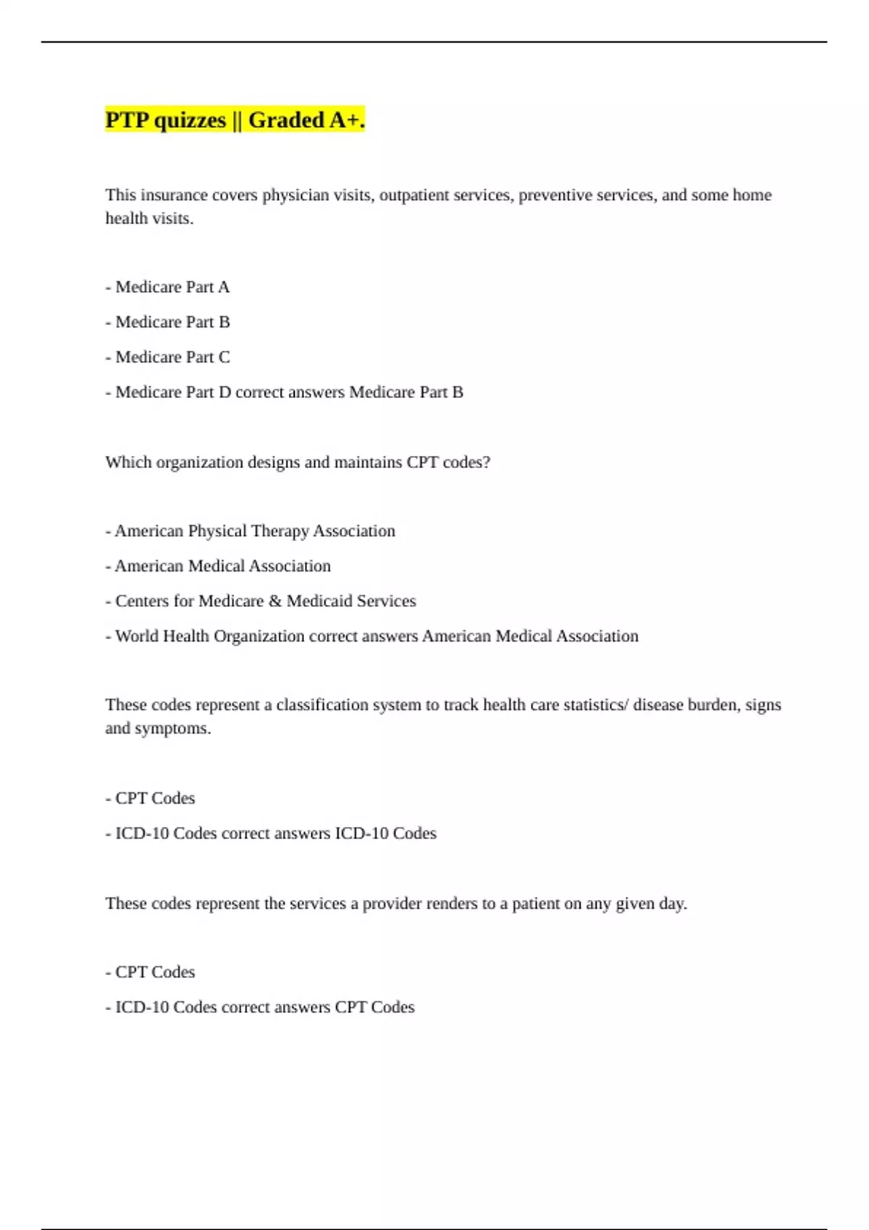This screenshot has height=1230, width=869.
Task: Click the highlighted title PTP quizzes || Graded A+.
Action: [x=235, y=120]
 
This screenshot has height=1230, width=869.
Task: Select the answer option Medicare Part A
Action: [x=167, y=287]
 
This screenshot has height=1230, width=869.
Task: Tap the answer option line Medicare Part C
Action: [x=167, y=357]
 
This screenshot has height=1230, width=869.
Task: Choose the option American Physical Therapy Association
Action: [x=251, y=531]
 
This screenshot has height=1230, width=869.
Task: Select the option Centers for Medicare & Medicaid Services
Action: [x=261, y=601]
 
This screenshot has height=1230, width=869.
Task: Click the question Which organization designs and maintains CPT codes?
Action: [x=298, y=462]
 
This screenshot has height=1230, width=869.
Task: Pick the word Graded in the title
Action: [x=286, y=120]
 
